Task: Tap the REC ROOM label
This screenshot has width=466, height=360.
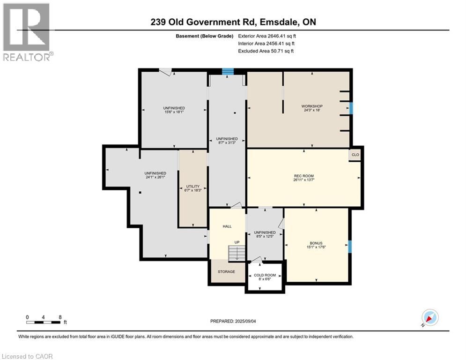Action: [303, 176]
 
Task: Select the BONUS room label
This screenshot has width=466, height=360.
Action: [316, 243]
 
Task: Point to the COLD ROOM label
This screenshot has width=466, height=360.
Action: [265, 275]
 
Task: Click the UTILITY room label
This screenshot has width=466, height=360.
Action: [193, 186]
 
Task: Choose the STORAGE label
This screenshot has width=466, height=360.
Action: [227, 271]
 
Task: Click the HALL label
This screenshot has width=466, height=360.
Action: [227, 226]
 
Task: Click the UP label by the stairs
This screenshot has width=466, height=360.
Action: [237, 242]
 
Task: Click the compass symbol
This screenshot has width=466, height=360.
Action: [429, 317]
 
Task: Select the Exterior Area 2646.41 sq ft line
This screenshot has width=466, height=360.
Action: [267, 36]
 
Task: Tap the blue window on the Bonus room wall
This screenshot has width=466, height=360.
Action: [350, 246]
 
